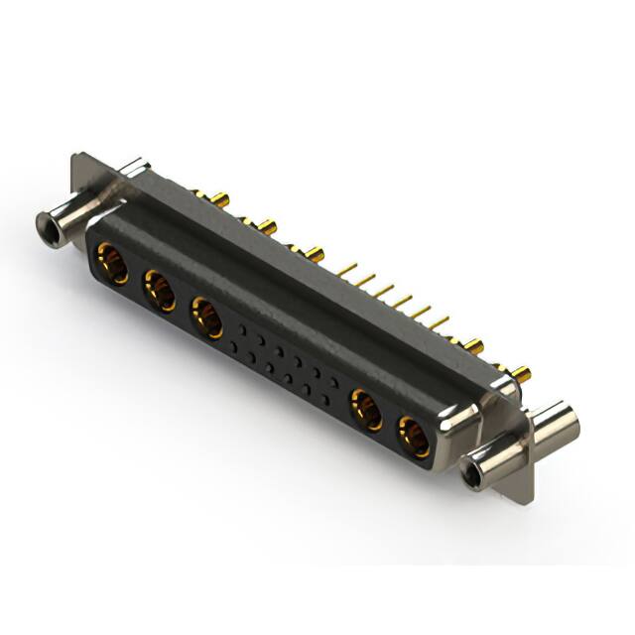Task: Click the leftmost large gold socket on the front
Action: point(111,265)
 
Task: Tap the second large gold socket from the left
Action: point(158,292)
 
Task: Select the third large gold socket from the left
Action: point(205,317)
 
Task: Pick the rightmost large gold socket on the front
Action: point(414,437)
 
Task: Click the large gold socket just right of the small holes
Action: point(366,410)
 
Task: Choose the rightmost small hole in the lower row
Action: point(327,396)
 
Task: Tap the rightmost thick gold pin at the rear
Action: point(520,374)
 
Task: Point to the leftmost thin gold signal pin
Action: point(347,267)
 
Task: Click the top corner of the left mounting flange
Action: point(79,157)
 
